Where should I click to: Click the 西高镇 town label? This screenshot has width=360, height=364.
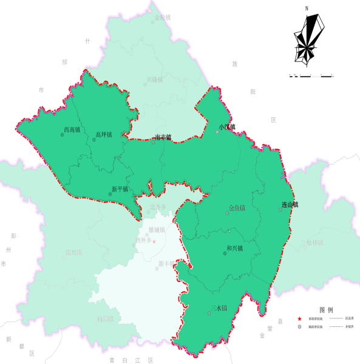coord(72,129)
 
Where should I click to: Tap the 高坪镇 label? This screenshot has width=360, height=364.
coord(104,134)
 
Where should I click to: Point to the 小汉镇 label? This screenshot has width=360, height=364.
coord(227,128)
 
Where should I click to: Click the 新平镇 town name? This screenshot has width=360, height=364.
coord(120,189)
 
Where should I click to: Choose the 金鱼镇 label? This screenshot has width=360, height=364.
coord(237,208)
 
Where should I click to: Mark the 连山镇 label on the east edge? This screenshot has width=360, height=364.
coord(290,205)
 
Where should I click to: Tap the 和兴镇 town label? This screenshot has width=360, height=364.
coord(234,248)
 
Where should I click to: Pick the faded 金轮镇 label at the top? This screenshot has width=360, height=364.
coord(163,18)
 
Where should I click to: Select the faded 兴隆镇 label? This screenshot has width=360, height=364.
coord(155,79)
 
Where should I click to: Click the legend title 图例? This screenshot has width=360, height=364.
coord(326,309)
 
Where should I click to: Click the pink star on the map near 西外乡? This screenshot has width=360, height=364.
coord(154,242)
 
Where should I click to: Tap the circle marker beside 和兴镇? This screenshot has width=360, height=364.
coord(225,253)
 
